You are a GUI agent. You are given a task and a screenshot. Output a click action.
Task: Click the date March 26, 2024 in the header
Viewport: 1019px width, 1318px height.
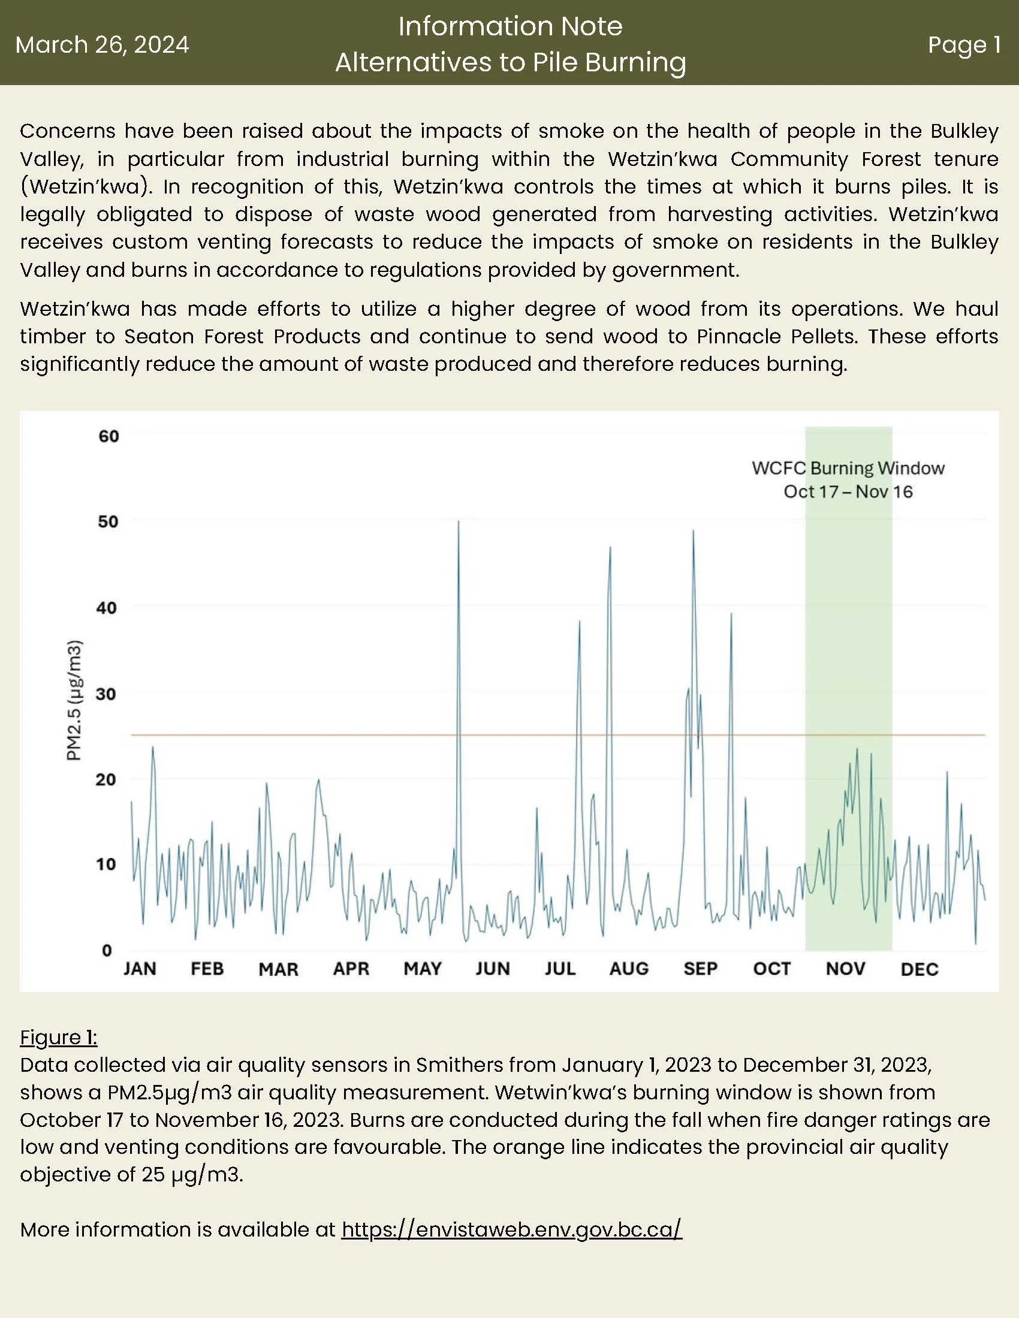[102, 45]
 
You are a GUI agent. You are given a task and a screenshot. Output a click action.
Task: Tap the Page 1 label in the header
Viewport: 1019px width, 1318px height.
[964, 45]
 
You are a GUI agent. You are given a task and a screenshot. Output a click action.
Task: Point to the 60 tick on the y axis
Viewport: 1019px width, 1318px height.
[108, 436]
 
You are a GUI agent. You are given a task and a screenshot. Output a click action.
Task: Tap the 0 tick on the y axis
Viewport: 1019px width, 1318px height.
[107, 951]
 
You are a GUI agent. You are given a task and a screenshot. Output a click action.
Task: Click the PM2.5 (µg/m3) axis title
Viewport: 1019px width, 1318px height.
[74, 700]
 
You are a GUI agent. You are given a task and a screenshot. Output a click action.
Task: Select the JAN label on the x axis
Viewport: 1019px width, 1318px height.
[140, 969]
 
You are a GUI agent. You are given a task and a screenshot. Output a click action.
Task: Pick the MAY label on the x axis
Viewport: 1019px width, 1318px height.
[423, 969]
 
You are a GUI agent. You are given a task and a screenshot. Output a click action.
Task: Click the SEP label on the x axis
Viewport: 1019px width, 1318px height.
[700, 969]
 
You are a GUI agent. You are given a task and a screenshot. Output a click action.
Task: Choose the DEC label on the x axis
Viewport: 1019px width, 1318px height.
[919, 970]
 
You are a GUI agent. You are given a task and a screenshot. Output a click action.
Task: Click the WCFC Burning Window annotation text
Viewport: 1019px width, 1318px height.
[848, 468]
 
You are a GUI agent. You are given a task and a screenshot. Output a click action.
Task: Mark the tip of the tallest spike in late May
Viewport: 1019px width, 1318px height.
[459, 521]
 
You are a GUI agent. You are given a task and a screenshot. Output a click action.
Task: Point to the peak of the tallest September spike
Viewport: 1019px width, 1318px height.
[693, 530]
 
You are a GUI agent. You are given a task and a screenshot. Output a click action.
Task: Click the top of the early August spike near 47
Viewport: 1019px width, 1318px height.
[610, 547]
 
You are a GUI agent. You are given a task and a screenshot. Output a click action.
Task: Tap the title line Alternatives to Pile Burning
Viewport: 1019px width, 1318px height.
[511, 62]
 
